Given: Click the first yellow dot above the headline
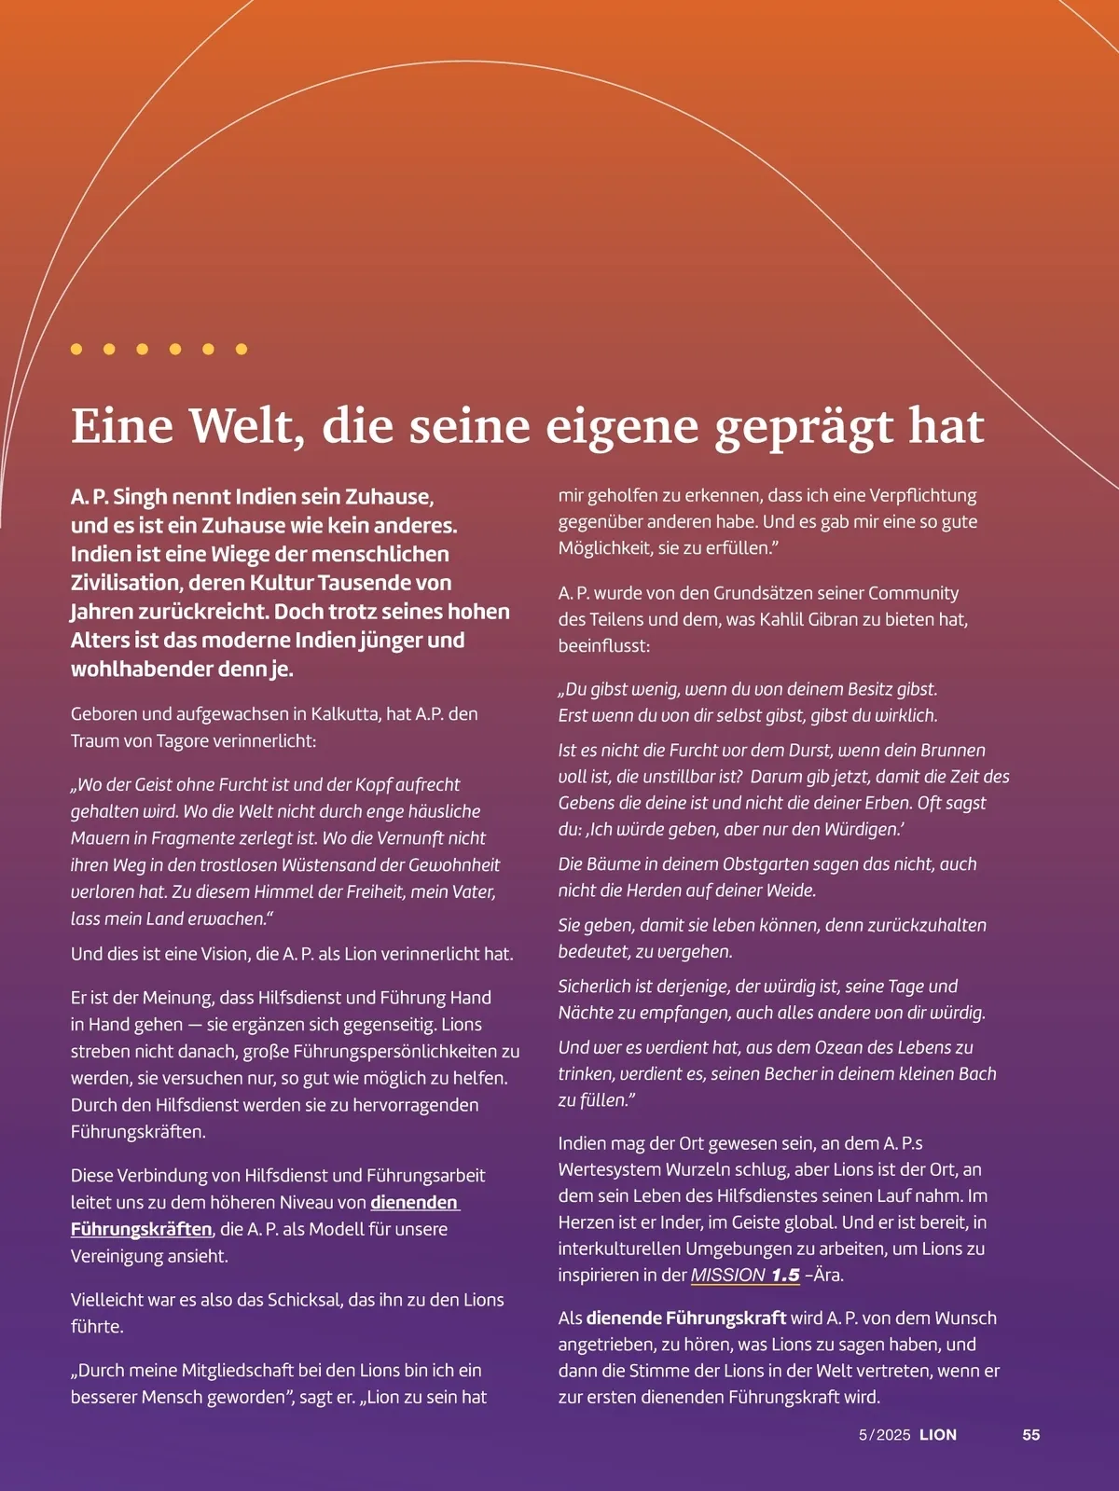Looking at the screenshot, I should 76,349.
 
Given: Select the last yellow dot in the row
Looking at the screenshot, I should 242,349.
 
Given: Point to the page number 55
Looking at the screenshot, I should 1030,1435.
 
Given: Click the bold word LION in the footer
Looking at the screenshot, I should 938,1435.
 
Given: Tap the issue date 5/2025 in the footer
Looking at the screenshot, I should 884,1435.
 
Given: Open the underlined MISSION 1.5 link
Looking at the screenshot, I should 745,1275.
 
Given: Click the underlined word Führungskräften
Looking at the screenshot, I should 142,1229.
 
